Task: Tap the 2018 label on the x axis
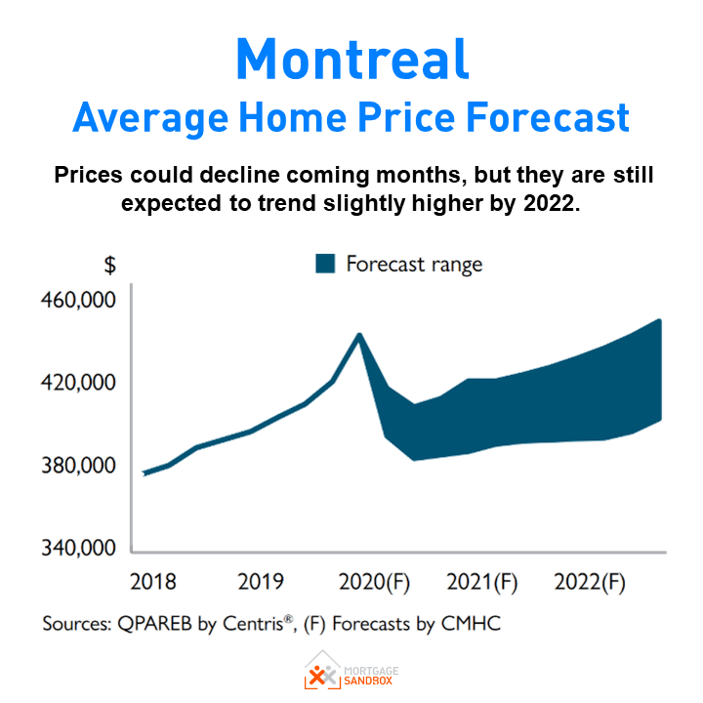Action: pos(152,583)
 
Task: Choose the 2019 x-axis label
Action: pos(261,583)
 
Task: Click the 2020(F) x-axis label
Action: pos(373,583)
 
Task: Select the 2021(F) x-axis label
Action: pos(481,583)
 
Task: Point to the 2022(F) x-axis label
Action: pos(589,583)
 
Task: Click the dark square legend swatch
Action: pos(325,264)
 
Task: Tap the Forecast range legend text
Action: pos(414,265)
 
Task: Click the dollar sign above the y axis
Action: pos(110,265)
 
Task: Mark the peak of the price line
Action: pos(360,335)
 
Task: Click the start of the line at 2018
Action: pos(145,474)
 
